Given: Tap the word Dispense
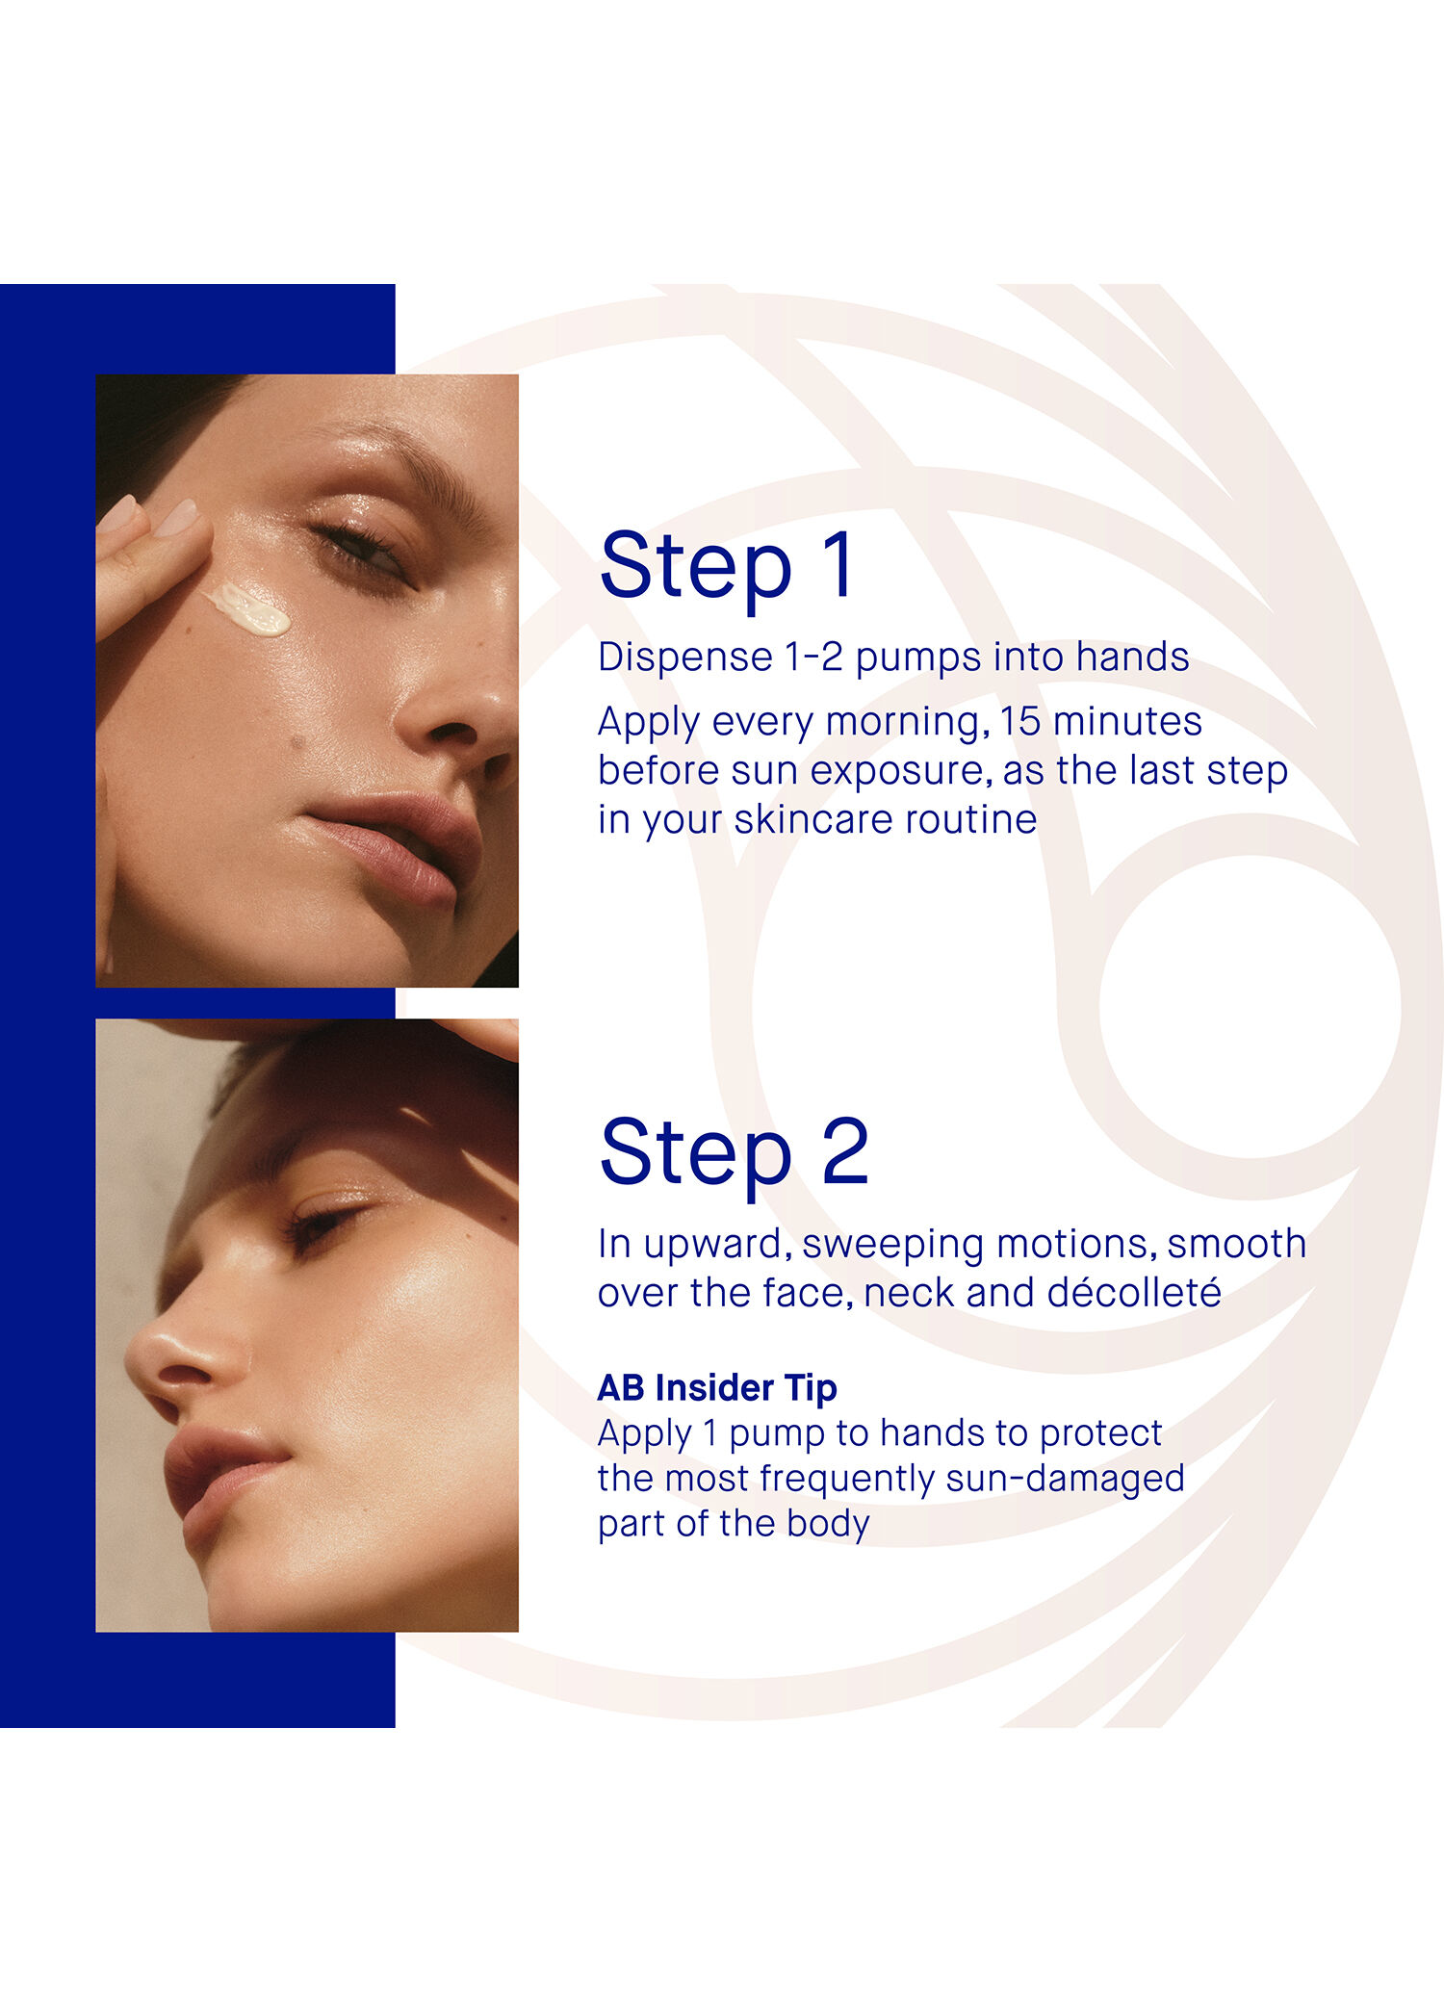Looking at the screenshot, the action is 684,658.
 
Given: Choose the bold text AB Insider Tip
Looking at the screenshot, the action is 717,1388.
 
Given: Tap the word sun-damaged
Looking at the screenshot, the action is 1065,1479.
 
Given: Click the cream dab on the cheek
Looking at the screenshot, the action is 249,609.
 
